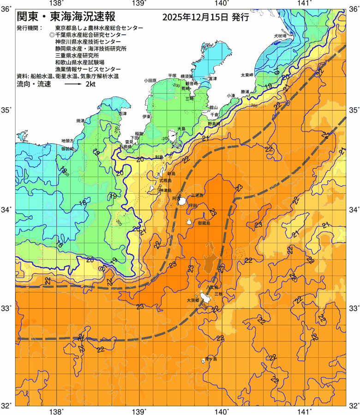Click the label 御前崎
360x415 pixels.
tap(67, 149)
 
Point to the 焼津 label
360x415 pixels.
tap(80, 121)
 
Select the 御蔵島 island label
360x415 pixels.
tap(204, 223)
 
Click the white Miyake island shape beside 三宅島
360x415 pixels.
tap(182, 202)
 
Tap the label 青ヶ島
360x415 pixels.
tap(211, 358)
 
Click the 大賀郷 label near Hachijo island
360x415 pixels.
tap(193, 300)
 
